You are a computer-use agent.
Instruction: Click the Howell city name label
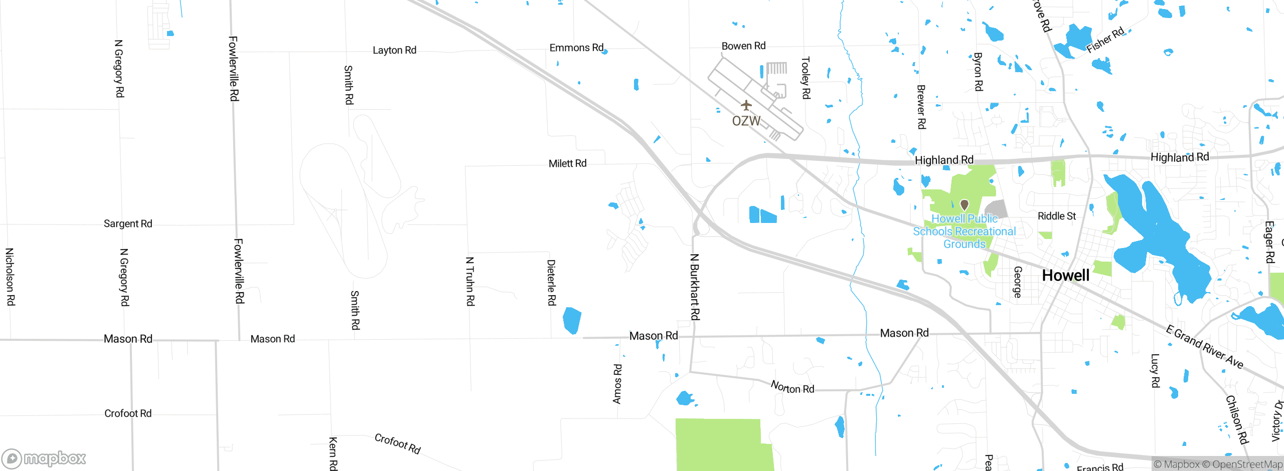tap(1065, 276)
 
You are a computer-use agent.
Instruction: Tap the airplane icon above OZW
tap(746, 105)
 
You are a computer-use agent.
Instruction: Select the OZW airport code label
tap(746, 121)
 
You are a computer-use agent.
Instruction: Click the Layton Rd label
tap(394, 50)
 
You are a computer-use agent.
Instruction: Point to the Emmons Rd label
tap(576, 48)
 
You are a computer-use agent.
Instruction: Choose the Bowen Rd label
tap(743, 46)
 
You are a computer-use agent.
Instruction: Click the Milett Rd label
tap(567, 163)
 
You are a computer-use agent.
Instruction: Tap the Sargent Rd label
tap(128, 223)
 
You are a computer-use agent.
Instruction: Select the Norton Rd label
tap(792, 387)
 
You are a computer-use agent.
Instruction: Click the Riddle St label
tap(1057, 216)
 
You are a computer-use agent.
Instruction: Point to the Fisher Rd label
tap(1105, 40)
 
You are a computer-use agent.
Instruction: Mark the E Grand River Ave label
tap(1204, 347)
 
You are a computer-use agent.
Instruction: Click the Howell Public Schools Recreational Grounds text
tap(964, 231)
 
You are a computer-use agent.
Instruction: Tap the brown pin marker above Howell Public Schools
tap(964, 204)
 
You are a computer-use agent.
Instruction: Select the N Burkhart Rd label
tap(695, 287)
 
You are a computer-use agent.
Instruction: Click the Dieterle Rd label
tap(551, 282)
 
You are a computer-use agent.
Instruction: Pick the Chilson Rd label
tap(1236, 419)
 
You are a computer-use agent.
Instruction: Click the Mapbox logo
tap(44, 458)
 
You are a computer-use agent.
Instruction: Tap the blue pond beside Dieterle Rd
tap(572, 320)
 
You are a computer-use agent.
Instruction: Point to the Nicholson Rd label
tap(10, 277)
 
